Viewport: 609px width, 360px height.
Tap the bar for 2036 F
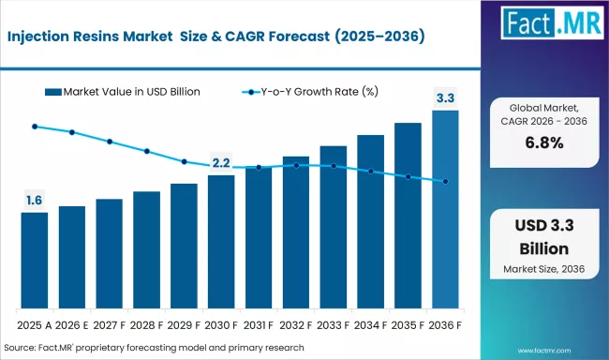(445, 210)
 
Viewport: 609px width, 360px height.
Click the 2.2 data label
(221, 162)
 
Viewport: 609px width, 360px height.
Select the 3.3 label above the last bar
(445, 97)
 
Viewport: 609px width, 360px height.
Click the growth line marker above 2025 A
(35, 126)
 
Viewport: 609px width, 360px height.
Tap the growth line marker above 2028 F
(147, 151)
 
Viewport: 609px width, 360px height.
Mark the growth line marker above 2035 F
(408, 176)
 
